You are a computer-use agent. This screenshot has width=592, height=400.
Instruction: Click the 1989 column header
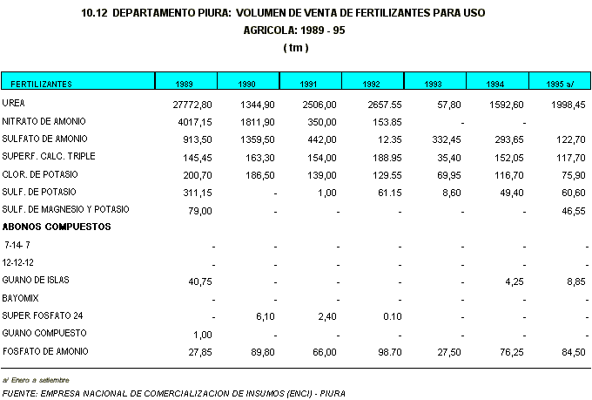(x=184, y=84)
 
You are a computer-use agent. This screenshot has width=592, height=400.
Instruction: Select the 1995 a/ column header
(x=560, y=84)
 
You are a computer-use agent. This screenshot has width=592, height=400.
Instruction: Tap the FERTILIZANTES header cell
(x=41, y=84)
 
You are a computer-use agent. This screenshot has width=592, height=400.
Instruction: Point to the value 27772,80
(x=193, y=105)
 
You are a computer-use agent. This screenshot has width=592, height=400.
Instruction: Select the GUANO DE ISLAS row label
(x=36, y=280)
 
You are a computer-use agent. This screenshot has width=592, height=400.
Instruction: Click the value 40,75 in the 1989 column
(x=201, y=281)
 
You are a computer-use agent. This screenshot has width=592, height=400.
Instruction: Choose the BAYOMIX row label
(x=22, y=298)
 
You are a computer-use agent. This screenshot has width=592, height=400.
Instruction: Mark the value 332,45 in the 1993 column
(x=447, y=139)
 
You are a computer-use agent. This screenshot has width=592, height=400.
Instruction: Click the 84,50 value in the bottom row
(x=573, y=351)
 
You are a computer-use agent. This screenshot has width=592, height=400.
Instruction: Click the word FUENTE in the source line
(x=19, y=392)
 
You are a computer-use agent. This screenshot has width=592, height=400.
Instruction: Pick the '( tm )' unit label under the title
(x=296, y=47)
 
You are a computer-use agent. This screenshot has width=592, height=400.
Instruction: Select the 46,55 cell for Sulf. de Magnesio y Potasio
(x=573, y=210)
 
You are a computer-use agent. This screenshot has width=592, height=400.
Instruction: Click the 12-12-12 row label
(x=19, y=262)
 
